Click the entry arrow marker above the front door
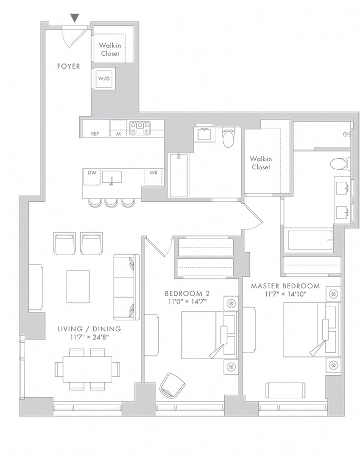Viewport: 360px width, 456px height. [x=75, y=18]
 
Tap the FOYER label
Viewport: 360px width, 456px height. [x=68, y=67]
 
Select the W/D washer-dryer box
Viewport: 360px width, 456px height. [x=104, y=79]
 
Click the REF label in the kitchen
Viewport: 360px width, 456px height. [x=95, y=134]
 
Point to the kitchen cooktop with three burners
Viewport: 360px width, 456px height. [x=140, y=128]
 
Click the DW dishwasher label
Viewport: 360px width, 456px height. [x=92, y=173]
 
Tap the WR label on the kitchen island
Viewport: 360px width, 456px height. [x=153, y=173]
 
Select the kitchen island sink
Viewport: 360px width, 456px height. [x=112, y=177]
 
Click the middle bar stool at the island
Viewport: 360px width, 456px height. [x=112, y=203]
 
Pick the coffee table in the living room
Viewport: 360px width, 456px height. [x=78, y=287]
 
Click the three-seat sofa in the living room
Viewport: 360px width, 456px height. [x=126, y=287]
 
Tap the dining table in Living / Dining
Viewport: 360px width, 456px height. [x=88, y=370]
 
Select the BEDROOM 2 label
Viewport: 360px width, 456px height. [x=187, y=294]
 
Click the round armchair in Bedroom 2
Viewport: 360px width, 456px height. [x=172, y=385]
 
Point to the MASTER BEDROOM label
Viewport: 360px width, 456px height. [x=285, y=286]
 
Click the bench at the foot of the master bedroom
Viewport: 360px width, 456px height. [x=285, y=390]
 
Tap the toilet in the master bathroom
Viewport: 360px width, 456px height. [x=340, y=164]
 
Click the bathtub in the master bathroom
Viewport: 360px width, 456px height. [x=310, y=240]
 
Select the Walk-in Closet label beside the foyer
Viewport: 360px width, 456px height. [x=110, y=49]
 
